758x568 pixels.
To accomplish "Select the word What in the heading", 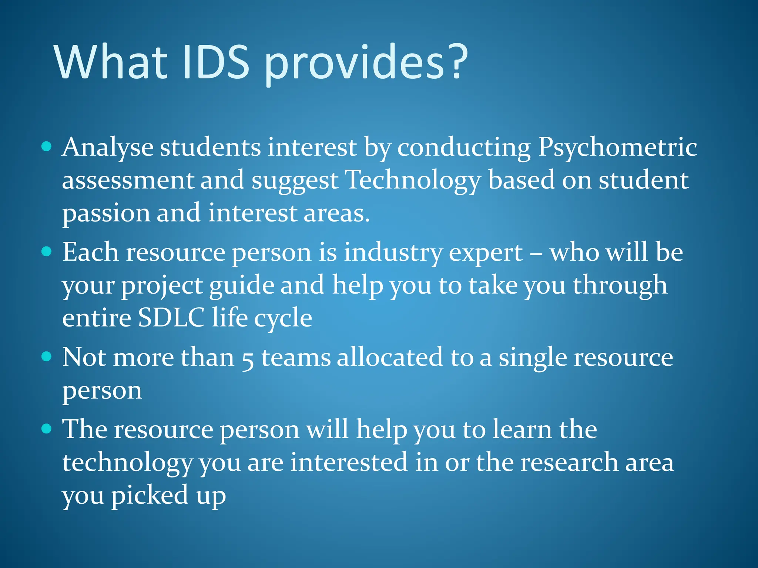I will pyautogui.click(x=111, y=62).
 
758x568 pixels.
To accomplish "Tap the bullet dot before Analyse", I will pyautogui.click(x=47, y=146).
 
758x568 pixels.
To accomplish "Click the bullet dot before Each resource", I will pyautogui.click(x=47, y=252).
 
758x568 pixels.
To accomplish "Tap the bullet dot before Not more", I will pyautogui.click(x=47, y=356).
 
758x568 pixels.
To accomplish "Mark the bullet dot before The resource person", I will pyautogui.click(x=47, y=429).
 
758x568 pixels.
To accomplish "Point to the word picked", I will pyautogui.click(x=150, y=496).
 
